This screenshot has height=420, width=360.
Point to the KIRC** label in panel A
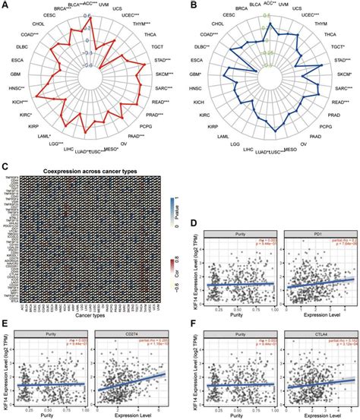pyautogui.click(x=17, y=108)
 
